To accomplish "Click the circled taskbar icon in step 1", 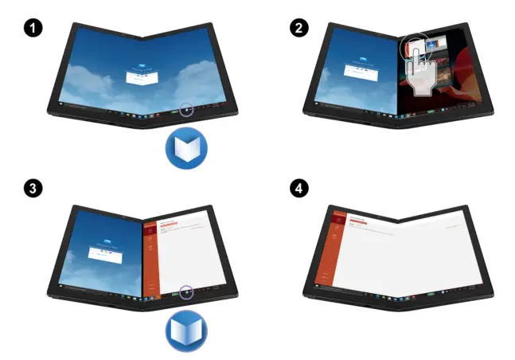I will [185, 109].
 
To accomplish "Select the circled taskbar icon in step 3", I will [185, 292].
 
